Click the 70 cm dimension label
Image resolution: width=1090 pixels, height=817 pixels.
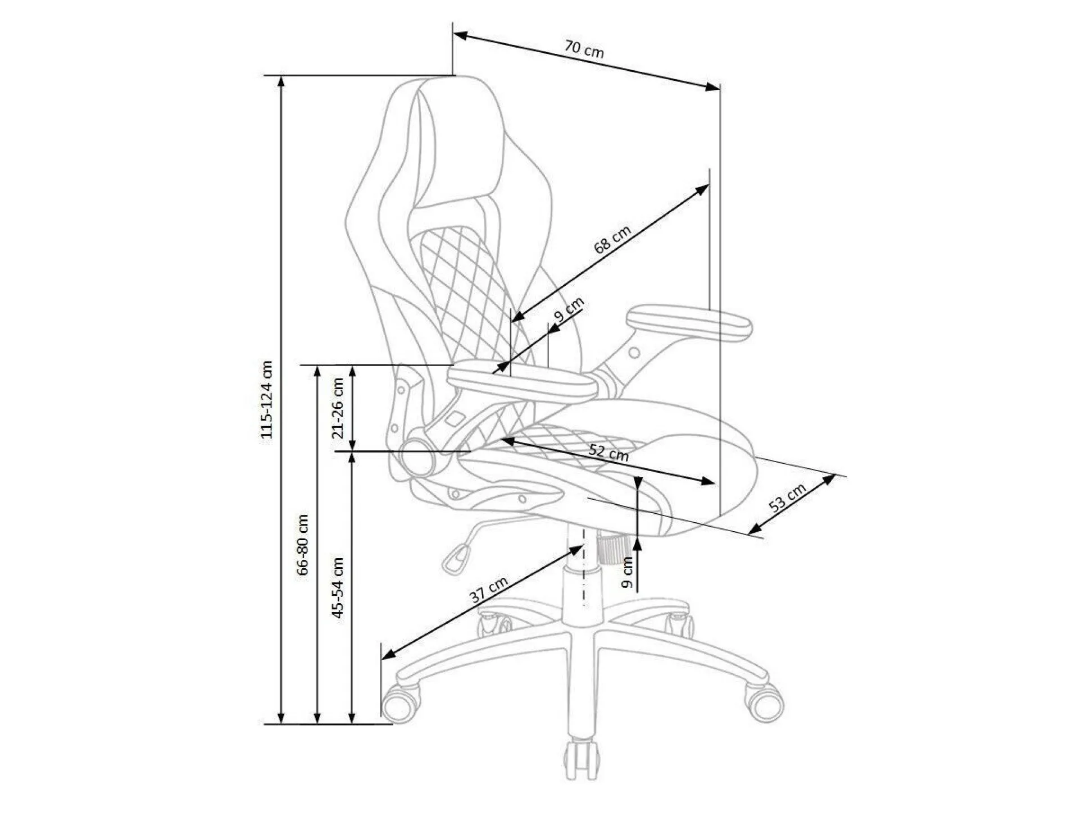click(x=584, y=49)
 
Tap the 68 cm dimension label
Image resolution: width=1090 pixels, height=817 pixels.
click(x=612, y=239)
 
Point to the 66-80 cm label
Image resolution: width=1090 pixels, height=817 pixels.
click(x=303, y=544)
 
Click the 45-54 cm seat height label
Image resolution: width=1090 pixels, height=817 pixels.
click(x=338, y=587)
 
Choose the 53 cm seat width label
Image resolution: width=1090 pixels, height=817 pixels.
click(x=787, y=497)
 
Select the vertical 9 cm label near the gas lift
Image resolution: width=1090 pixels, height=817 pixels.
click(x=628, y=572)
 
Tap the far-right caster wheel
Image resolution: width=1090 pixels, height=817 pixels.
click(x=764, y=702)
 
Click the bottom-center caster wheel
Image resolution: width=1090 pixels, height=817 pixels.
click(x=582, y=757)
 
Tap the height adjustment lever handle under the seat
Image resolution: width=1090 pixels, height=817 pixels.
click(x=456, y=559)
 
